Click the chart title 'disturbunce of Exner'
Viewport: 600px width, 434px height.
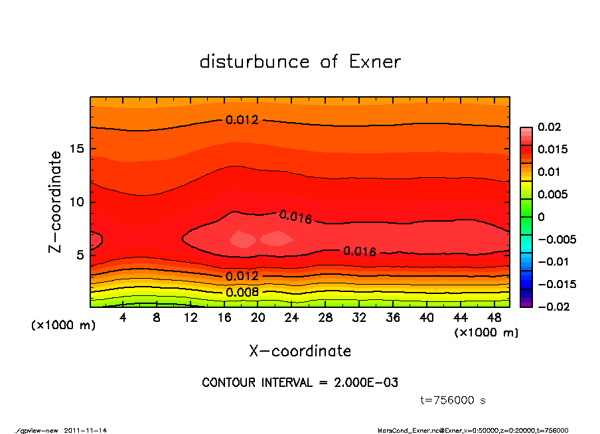pyautogui.click(x=300, y=62)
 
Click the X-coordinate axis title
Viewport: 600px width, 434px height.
pyautogui.click(x=300, y=351)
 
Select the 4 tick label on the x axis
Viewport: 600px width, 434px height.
pyautogui.click(x=123, y=318)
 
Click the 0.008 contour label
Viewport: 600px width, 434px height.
pyautogui.click(x=242, y=292)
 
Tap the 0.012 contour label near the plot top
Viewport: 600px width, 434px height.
pyautogui.click(x=242, y=120)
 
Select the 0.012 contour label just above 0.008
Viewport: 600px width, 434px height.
pyautogui.click(x=242, y=276)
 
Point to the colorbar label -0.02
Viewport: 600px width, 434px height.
pyautogui.click(x=552, y=307)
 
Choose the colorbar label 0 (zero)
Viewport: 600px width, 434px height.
pyautogui.click(x=541, y=217)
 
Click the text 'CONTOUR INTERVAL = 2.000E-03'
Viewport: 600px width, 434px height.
pyautogui.click(x=300, y=383)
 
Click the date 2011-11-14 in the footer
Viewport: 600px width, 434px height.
pyautogui.click(x=86, y=430)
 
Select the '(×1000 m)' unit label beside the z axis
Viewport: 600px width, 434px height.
pyautogui.click(x=60, y=325)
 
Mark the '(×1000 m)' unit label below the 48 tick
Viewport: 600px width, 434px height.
pyautogui.click(x=486, y=332)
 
